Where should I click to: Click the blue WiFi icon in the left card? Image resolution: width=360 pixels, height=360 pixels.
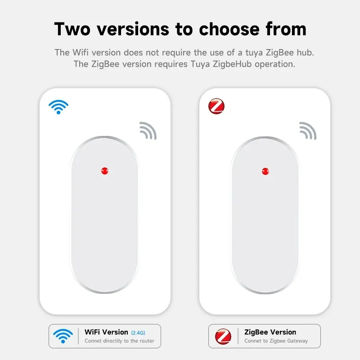(58, 107)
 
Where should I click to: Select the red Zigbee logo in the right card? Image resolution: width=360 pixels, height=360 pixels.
(216, 107)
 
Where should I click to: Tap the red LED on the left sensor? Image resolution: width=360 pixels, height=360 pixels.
(105, 171)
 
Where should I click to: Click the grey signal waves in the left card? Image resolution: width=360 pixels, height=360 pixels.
(148, 130)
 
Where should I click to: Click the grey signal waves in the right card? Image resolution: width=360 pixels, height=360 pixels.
(308, 130)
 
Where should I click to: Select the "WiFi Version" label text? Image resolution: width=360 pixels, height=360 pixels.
(106, 332)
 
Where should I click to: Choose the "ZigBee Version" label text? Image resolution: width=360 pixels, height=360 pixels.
(270, 332)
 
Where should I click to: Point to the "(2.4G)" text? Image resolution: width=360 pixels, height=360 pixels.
(139, 333)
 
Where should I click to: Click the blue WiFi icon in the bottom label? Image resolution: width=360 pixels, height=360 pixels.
(63, 336)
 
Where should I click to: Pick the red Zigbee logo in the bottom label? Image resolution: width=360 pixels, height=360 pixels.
(223, 336)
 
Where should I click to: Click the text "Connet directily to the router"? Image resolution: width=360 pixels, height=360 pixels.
(119, 341)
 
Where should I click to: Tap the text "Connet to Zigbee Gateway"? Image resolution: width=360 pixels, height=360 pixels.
(276, 341)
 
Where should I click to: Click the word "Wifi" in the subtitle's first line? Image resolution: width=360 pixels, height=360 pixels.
(79, 53)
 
